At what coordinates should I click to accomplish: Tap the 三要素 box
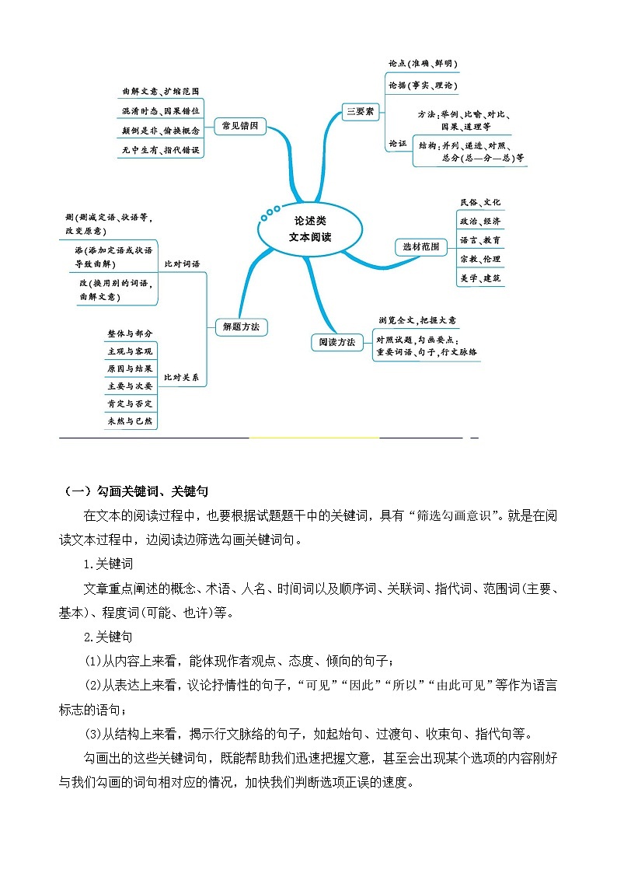[360, 112]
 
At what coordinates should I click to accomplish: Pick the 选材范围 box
[420, 247]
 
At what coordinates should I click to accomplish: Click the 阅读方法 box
[336, 341]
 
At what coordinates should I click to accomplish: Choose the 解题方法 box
[240, 327]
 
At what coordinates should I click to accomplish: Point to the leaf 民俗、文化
[480, 202]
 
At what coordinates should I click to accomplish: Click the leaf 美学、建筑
[480, 278]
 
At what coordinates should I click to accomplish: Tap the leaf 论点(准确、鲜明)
[423, 64]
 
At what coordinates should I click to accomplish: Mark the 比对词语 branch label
[182, 264]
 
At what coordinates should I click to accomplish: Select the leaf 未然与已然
[131, 421]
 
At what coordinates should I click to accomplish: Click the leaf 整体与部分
[131, 333]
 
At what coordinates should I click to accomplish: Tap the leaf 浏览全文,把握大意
[417, 320]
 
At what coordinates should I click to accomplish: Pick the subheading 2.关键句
[109, 637]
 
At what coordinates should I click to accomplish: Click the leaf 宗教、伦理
[480, 259]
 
